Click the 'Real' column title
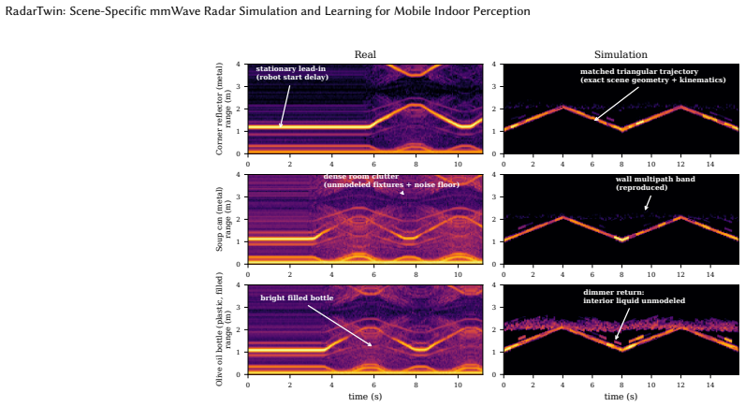point(365,54)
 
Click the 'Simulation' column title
point(621,54)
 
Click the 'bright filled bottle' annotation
point(297,298)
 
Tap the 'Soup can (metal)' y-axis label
point(220,219)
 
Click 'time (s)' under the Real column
point(365,396)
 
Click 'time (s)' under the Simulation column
point(621,396)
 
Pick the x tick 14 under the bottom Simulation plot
point(709,385)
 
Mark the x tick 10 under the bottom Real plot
point(458,385)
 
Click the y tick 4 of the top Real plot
point(238,65)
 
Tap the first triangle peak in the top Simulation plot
point(562,107)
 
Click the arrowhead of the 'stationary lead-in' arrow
point(281,126)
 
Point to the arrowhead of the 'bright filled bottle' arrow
point(371,345)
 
